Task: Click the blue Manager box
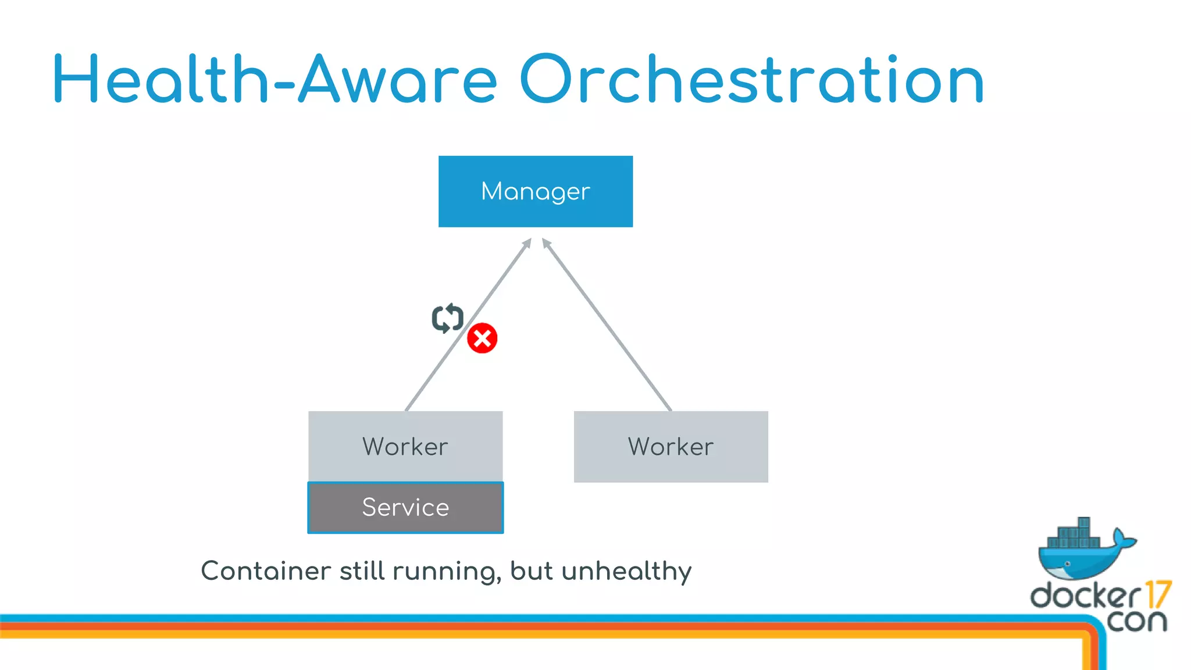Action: [x=535, y=191]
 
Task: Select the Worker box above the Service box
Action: [x=405, y=446]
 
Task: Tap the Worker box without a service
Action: [x=671, y=446]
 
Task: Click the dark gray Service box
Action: [x=405, y=507]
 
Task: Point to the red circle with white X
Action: [x=482, y=338]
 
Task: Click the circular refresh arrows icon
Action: [x=447, y=318]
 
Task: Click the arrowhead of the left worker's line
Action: [x=527, y=243]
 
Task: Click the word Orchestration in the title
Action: [x=751, y=80]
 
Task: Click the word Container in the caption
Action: [x=266, y=571]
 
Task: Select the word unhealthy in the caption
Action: [x=626, y=572]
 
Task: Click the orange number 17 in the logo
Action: [x=1157, y=594]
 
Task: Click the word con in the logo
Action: [x=1136, y=621]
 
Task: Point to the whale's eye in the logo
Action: [x=1067, y=564]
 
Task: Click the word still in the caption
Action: [x=362, y=571]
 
